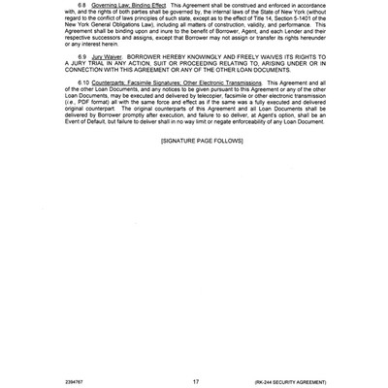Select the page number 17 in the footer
[196, 381]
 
